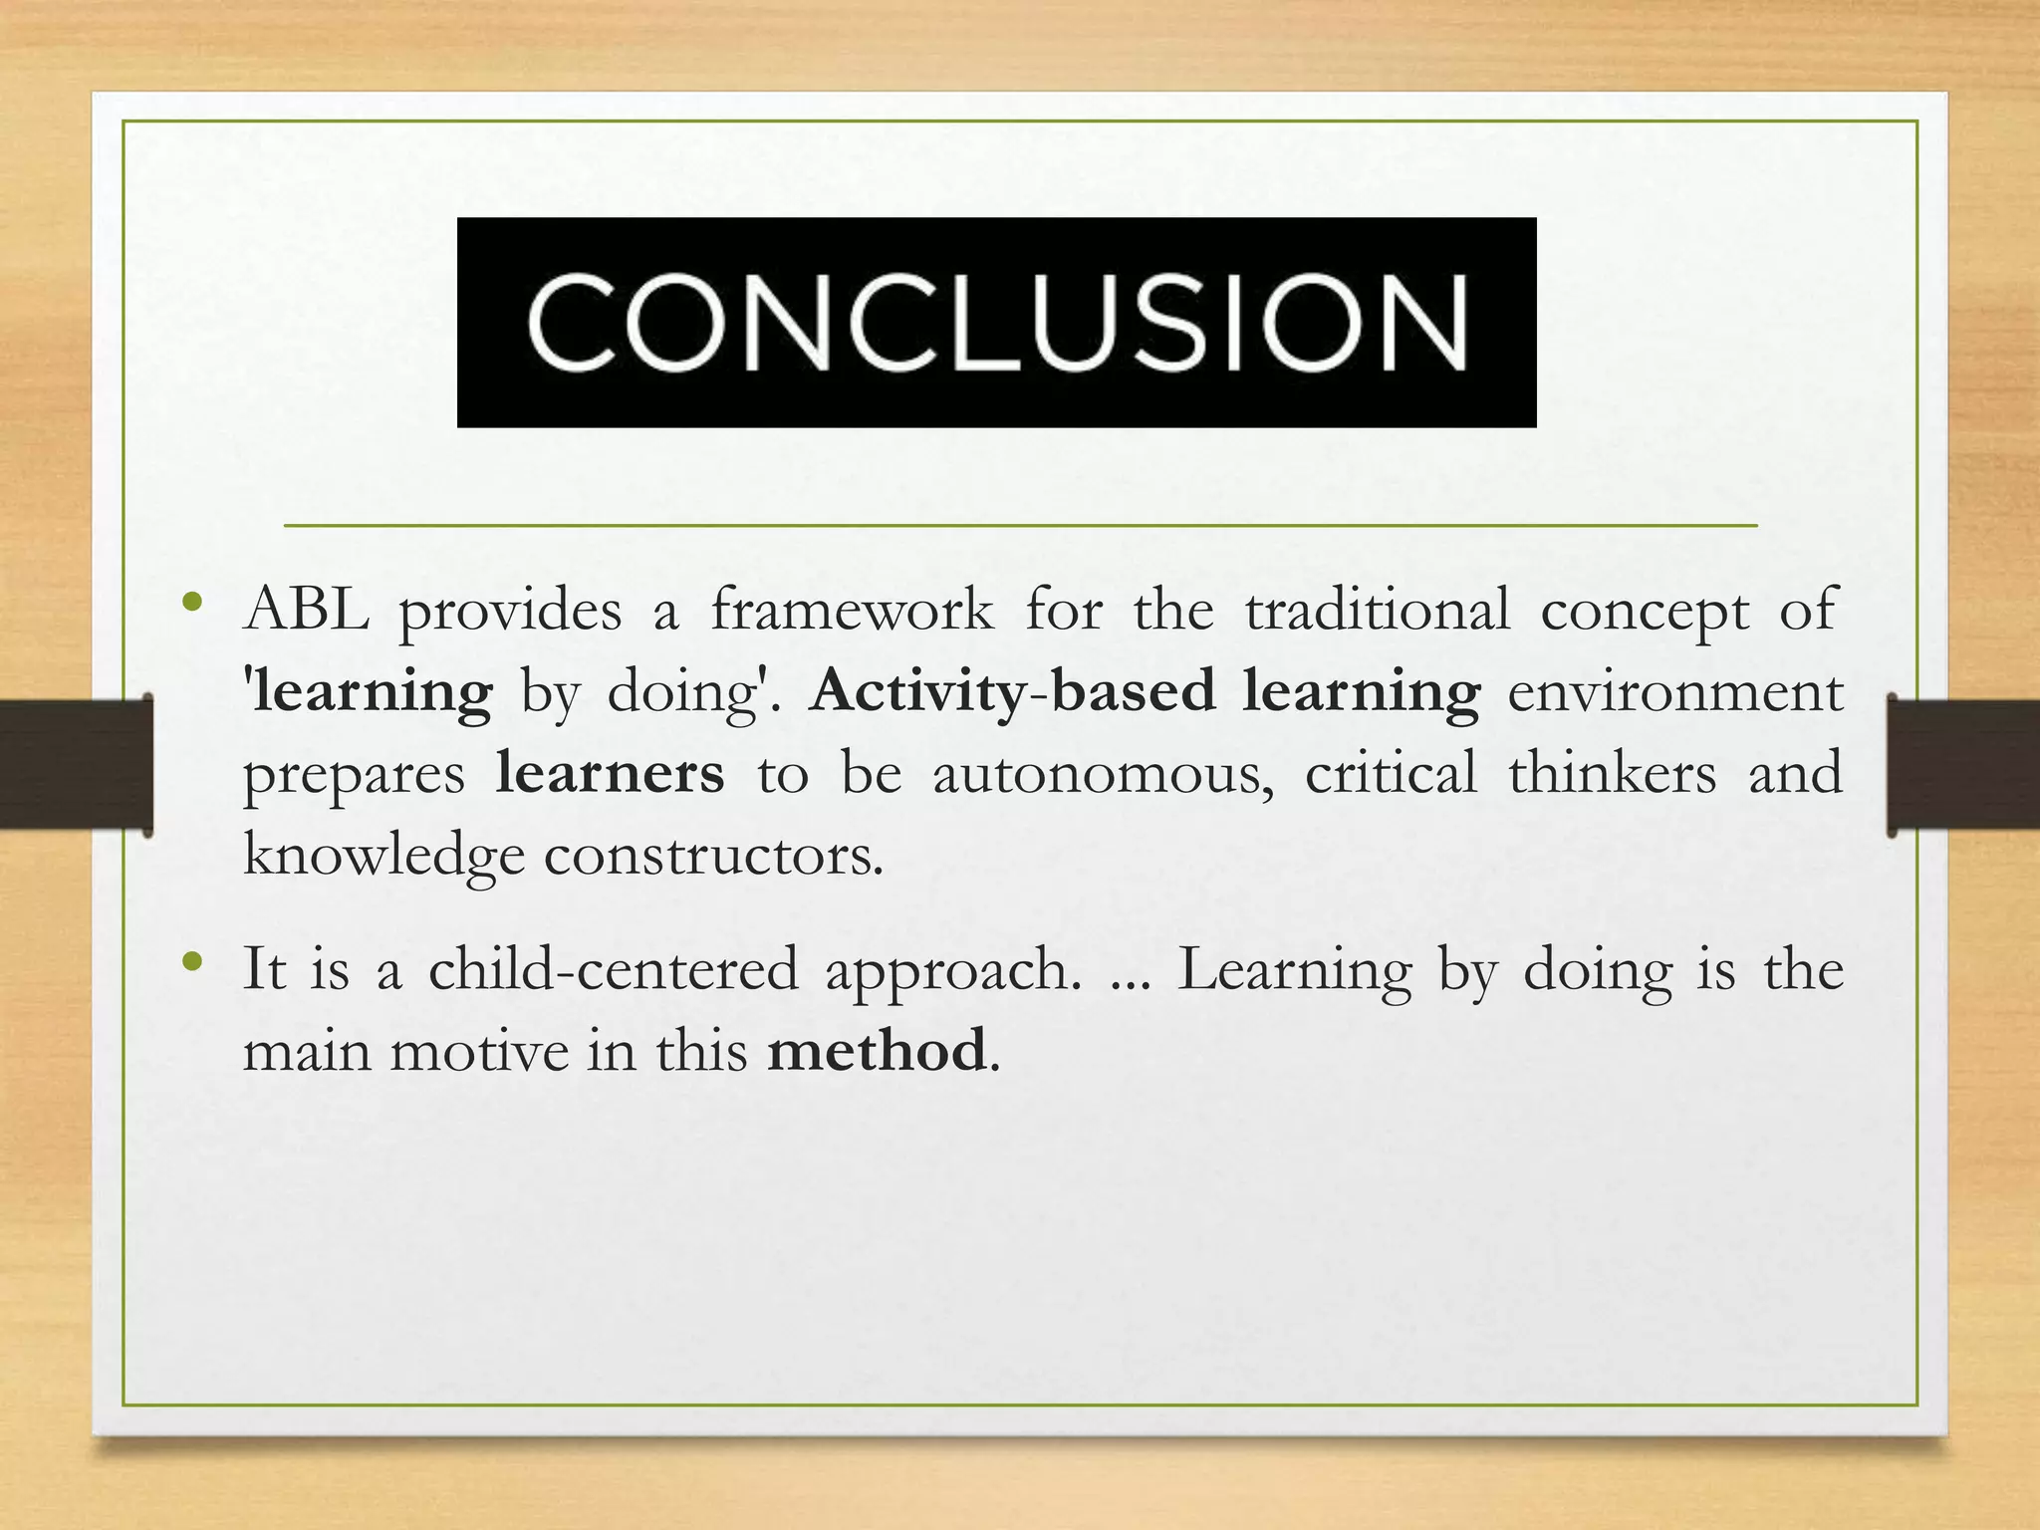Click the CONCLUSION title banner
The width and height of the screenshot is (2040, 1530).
[x=996, y=322]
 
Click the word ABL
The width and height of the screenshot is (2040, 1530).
[x=306, y=610]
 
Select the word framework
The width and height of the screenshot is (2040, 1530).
[x=852, y=610]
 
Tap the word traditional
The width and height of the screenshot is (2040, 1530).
[x=1377, y=610]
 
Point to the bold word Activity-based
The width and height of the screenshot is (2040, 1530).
[x=1012, y=691]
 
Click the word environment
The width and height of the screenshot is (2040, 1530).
[x=1674, y=691]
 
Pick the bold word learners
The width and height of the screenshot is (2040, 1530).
[x=610, y=773]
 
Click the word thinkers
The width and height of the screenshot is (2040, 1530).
[x=1612, y=773]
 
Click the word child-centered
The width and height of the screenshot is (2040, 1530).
[x=614, y=969]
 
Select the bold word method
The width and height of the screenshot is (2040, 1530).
[x=877, y=1051]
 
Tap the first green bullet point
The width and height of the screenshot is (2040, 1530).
[x=193, y=603]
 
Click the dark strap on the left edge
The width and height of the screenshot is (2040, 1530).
[x=76, y=764]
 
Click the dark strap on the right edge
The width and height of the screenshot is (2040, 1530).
[x=1962, y=764]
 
